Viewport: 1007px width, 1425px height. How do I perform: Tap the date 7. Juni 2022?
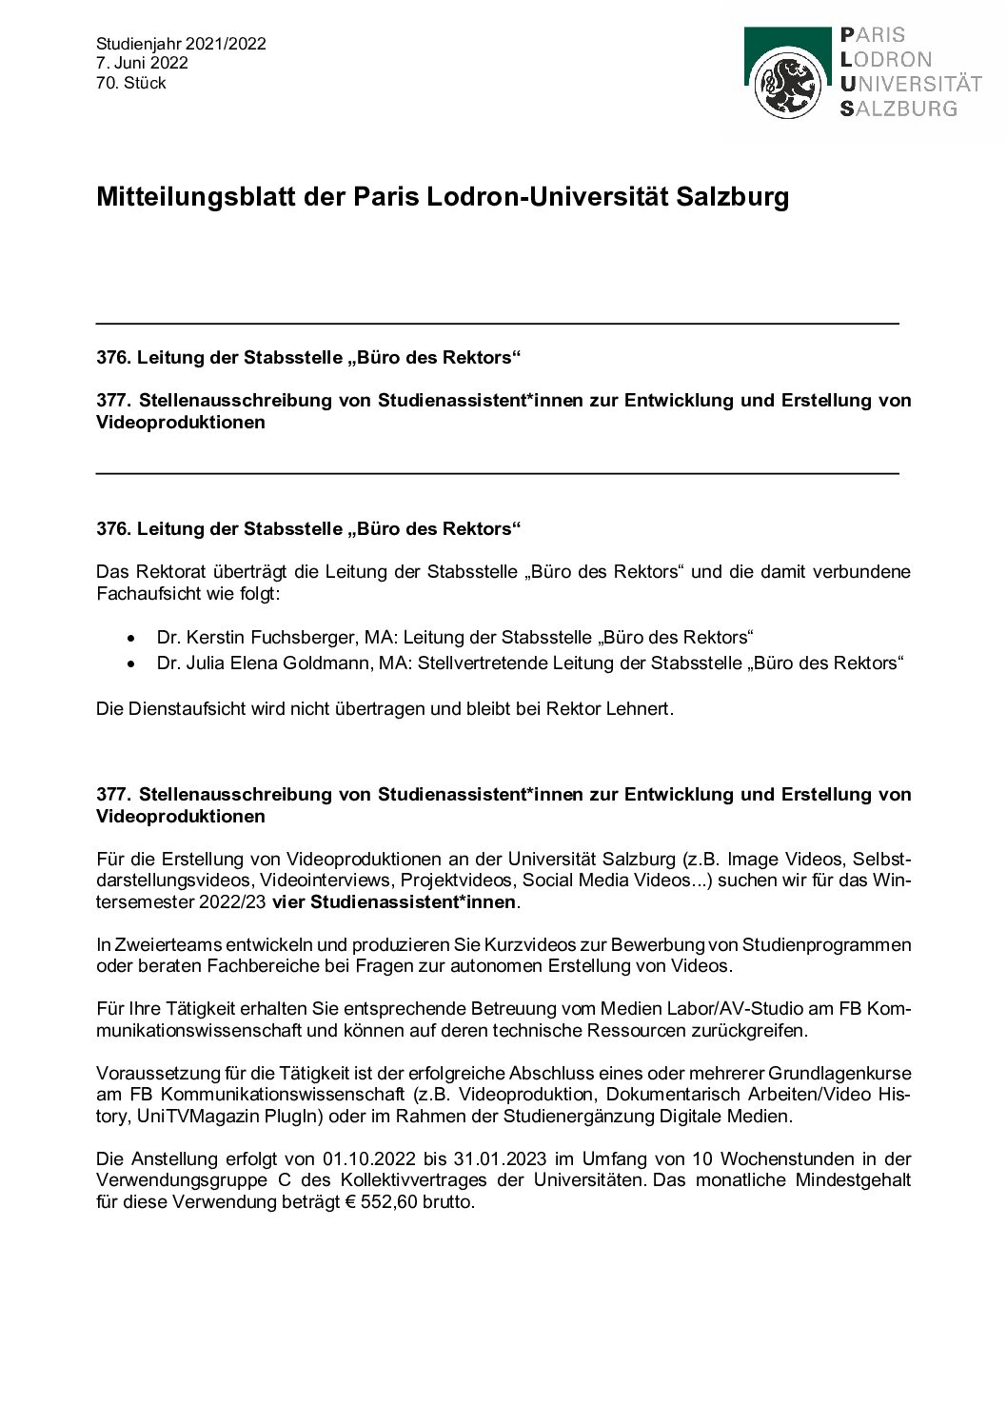142,63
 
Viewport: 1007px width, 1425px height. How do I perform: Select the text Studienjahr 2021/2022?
181,44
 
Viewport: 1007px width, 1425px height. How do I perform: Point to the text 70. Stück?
131,83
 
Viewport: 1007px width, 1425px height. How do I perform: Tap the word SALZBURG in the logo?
898,108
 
